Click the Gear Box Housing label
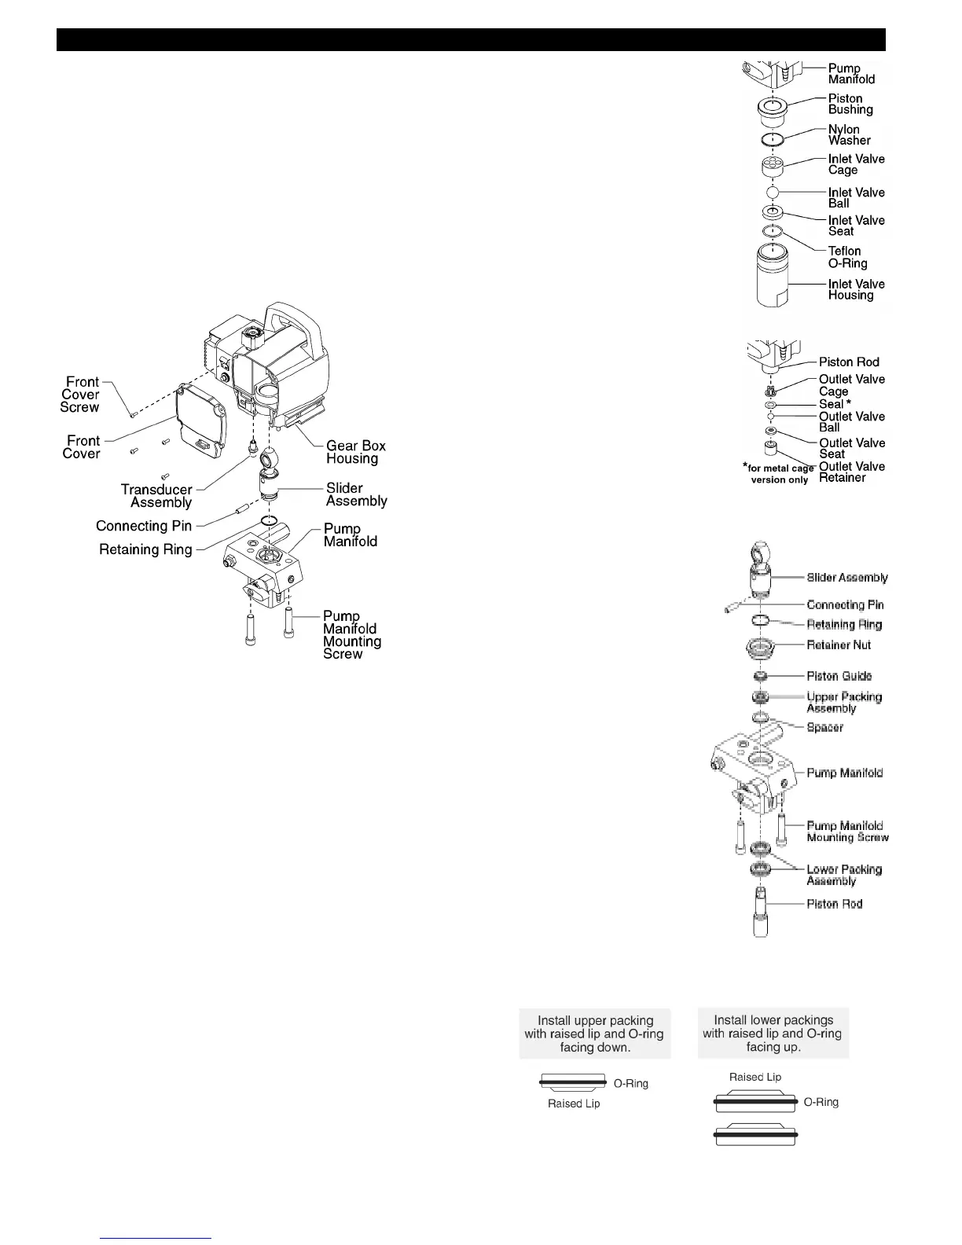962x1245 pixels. pos(355,452)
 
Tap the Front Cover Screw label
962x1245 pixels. pos(81,395)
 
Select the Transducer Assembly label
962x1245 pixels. pos(156,496)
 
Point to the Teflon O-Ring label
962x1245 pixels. pos(847,257)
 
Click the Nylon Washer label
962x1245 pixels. pos(849,135)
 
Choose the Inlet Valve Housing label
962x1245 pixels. pos(856,289)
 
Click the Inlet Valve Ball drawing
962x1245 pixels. pos(772,193)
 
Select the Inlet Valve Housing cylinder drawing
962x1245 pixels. pos(772,279)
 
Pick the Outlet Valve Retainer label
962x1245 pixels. pos(851,472)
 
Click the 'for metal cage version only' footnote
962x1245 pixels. pos(779,474)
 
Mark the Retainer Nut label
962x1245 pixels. pos(839,645)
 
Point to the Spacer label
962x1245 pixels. pos(824,728)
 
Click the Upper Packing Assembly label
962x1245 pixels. pos(843,703)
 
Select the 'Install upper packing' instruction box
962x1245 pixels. pos(595,1034)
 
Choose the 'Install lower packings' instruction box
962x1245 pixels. pos(773,1034)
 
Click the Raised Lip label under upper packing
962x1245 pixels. pos(574,1104)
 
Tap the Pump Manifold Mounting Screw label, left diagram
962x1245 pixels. pos(351,635)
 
